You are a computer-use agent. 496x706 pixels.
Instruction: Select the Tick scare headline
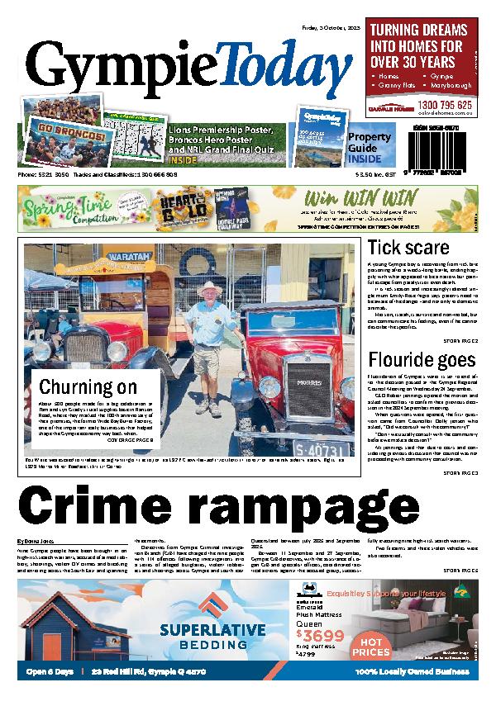[408, 248]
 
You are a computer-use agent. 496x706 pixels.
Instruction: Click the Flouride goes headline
[422, 359]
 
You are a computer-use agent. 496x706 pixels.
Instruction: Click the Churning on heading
[88, 386]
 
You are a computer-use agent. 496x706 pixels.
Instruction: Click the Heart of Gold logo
[182, 208]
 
